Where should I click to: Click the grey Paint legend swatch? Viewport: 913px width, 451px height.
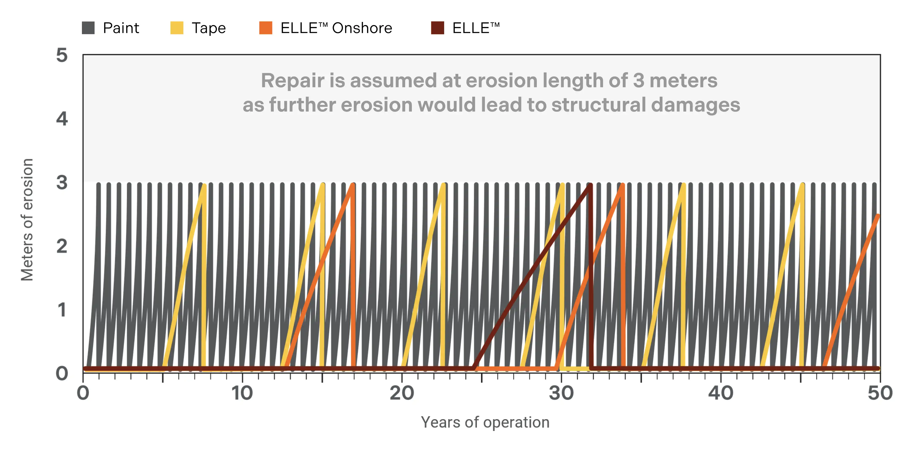click(88, 28)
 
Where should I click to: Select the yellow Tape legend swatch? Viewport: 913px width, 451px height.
click(177, 28)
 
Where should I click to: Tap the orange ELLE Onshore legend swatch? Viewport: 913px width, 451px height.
click(266, 28)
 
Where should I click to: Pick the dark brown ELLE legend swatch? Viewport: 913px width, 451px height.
click(437, 28)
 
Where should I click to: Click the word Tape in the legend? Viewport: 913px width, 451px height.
click(209, 28)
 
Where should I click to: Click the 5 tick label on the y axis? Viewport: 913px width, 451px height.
click(62, 56)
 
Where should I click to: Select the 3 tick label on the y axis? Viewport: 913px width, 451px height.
click(62, 183)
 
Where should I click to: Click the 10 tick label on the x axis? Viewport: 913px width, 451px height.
click(242, 393)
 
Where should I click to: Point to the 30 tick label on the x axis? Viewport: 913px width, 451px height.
click(561, 393)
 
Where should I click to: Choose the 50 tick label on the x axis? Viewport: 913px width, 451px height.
click(880, 393)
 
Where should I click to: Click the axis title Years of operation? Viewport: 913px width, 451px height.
click(485, 422)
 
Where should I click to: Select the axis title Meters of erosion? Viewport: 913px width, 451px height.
click(27, 219)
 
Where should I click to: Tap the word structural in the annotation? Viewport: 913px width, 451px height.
click(599, 105)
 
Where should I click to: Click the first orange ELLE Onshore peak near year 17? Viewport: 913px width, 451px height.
click(353, 185)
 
